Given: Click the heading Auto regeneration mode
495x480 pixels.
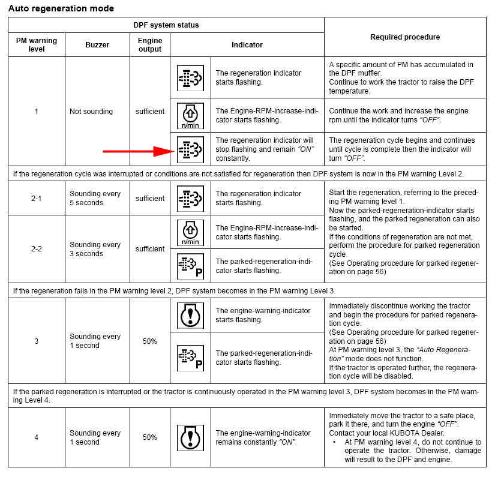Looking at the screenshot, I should coord(61,8).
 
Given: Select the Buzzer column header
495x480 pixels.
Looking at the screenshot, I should coord(97,44).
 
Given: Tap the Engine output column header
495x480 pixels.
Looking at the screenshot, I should coord(149,44).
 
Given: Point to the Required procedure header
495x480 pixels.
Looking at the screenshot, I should coord(405,37).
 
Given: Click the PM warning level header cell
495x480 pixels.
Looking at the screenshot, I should coord(36,44).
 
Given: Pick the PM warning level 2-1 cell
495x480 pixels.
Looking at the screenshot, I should coord(36,198).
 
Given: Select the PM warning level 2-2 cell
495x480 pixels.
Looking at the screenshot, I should coord(36,249).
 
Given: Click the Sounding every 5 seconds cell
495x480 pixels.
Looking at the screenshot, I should coord(95,198).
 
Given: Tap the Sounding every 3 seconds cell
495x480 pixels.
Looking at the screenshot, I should coord(95,249).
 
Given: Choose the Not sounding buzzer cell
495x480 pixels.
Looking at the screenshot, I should coord(91,112).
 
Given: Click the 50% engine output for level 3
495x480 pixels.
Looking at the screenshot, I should coord(149,341).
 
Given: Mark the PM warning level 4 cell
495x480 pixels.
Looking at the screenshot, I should coord(36,437).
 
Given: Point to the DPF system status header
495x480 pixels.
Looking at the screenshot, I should coord(166,25).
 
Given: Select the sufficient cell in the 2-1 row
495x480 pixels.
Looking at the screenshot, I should coord(149,198).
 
